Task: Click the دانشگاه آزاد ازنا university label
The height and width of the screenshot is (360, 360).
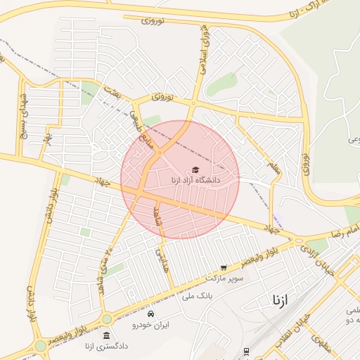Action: (x=195, y=180)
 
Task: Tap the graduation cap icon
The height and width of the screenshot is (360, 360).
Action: (x=195, y=169)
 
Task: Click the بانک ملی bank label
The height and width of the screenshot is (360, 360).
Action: (x=197, y=296)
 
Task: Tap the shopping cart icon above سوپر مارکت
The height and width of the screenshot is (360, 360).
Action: (x=224, y=268)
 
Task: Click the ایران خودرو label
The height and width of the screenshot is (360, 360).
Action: (x=151, y=325)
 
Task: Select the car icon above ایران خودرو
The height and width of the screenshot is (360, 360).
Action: (x=152, y=314)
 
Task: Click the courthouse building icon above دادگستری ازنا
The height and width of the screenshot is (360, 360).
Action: (x=106, y=335)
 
